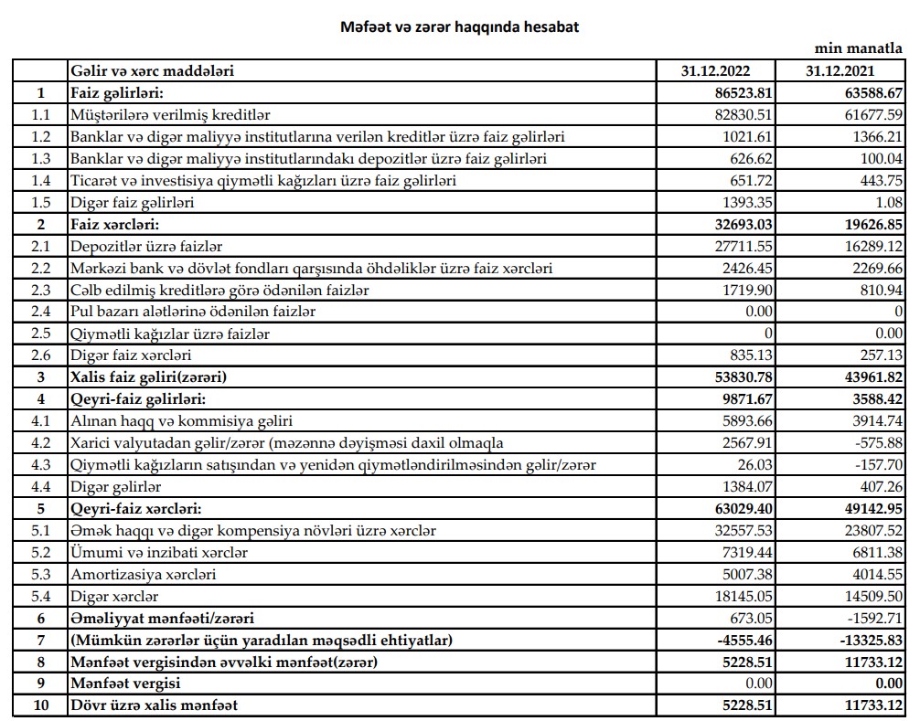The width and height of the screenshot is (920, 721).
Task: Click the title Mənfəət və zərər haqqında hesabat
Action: click(x=459, y=27)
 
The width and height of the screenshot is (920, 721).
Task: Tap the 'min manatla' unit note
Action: click(x=864, y=48)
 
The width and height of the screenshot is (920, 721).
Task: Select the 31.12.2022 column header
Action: click(x=715, y=70)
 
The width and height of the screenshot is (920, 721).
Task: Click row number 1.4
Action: click(x=39, y=181)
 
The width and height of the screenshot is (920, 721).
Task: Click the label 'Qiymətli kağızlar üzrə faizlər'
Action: click(x=170, y=334)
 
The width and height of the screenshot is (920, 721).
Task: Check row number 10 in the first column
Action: click(x=39, y=705)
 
